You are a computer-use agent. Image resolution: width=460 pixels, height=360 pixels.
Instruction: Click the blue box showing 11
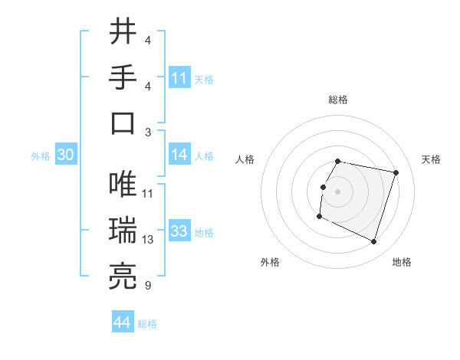coord(179,78)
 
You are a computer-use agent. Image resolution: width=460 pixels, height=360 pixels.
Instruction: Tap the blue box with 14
coord(179,155)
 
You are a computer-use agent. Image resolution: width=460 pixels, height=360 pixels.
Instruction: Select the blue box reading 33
coord(179,231)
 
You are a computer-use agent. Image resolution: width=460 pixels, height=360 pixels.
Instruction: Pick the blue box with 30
coord(65,155)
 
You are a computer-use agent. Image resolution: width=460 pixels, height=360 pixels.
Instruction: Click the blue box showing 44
coord(123,322)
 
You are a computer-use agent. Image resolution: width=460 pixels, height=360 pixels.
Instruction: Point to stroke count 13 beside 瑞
coord(148,240)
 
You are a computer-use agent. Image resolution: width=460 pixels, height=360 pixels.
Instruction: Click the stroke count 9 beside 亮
coord(147,286)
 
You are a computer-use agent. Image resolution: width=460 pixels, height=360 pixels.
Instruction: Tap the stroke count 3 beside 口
coord(147,132)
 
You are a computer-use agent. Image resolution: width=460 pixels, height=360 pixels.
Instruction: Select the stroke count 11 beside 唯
coord(148,193)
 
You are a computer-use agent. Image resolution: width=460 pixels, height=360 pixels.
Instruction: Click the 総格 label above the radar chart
coord(338,100)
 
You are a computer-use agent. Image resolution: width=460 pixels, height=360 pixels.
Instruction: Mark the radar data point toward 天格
coord(396,173)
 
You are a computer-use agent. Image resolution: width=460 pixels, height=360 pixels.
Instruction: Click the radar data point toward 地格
coord(373,242)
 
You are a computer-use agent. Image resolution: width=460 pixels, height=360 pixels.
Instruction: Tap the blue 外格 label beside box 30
coord(41,155)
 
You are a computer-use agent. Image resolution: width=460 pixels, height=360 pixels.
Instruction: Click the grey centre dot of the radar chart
coord(338,191)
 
